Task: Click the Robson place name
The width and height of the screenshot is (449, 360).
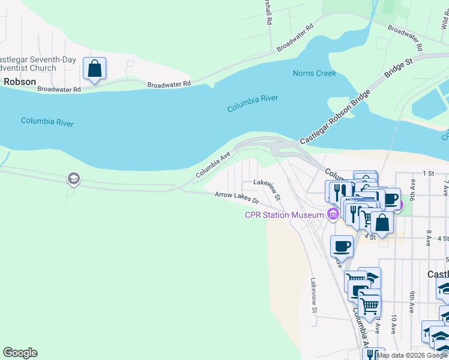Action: coord(19,82)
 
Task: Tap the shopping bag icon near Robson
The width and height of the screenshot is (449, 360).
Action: coord(95,68)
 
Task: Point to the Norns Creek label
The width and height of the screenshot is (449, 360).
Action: coord(314,73)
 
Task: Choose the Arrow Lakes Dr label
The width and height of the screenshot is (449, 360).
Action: coord(237,197)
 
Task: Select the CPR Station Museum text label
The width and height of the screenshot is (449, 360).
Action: coord(284,215)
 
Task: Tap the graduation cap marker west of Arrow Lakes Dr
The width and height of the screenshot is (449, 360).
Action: coord(73,178)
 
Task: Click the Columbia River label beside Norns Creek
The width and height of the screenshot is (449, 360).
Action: coord(253,103)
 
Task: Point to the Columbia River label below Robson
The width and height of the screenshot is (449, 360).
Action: coord(47,122)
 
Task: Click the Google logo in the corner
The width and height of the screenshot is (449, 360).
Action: coord(20,353)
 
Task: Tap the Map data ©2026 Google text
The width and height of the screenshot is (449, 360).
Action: coord(412,355)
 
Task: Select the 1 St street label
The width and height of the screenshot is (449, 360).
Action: coord(428,173)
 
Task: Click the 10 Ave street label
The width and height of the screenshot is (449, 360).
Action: coord(394,323)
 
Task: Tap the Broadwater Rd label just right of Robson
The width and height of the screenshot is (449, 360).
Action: coord(59,89)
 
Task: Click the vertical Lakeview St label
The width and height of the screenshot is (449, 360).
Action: coord(313,295)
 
